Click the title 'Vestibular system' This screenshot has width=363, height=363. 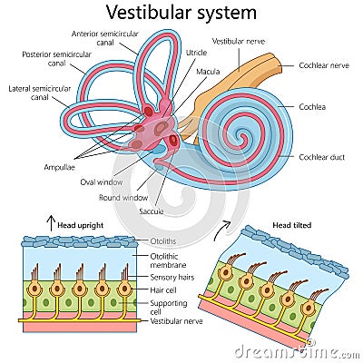coord(181,13)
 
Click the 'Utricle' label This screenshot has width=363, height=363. coord(196,54)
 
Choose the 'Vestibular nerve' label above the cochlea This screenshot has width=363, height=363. coord(237,41)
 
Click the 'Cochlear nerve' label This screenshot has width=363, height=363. coord(322,65)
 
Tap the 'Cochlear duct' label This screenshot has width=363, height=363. coord(321,157)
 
